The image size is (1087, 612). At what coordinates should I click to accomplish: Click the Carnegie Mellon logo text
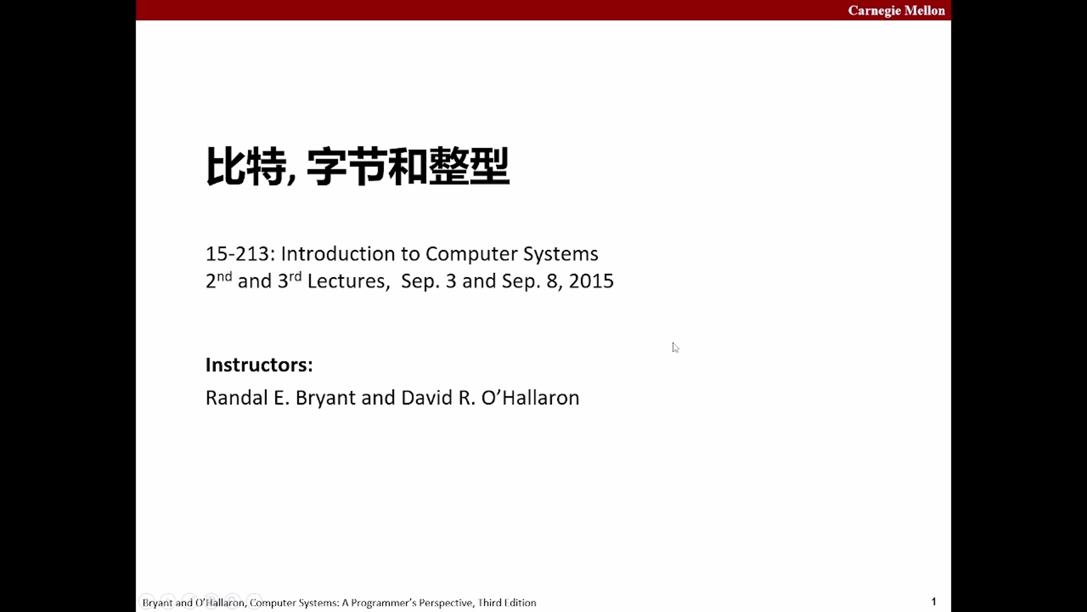point(896,11)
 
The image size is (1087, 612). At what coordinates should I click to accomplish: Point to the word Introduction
point(337,254)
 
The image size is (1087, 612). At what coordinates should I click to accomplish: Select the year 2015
point(591,281)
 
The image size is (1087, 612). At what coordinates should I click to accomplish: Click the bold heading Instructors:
point(259,365)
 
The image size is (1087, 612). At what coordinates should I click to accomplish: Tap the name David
point(427,398)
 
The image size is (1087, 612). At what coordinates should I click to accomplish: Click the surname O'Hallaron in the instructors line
point(530,398)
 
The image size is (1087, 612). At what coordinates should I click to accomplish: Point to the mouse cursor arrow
point(675,347)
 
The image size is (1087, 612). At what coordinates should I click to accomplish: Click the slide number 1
point(934,601)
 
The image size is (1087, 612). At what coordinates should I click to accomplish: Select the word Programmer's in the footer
point(384,603)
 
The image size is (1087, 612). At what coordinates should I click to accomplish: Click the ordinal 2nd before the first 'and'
point(219,280)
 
